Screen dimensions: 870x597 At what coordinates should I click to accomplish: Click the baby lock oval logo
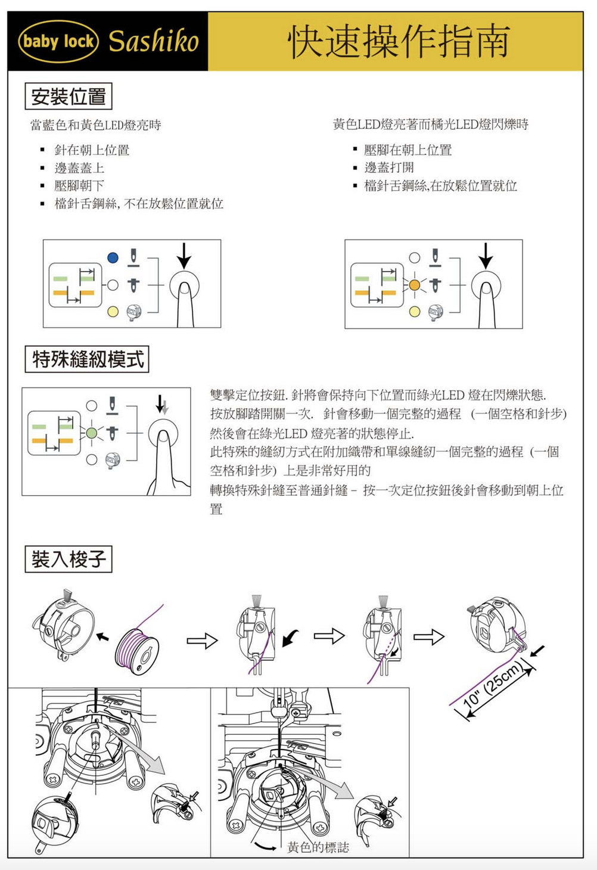click(58, 41)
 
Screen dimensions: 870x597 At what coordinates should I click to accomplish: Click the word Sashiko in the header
click(153, 41)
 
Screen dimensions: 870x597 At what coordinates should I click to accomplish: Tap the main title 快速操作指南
click(399, 41)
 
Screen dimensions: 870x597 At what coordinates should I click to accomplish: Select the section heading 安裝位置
click(69, 97)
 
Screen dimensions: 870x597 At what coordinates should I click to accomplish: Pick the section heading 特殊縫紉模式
click(87, 359)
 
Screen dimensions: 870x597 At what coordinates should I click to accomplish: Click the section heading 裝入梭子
click(69, 559)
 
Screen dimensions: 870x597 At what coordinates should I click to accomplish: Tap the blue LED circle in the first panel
click(113, 258)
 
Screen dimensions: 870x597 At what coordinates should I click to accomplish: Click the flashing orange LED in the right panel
click(415, 285)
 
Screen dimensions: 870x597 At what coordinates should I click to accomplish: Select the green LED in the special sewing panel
click(92, 433)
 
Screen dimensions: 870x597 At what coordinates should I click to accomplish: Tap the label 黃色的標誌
click(318, 847)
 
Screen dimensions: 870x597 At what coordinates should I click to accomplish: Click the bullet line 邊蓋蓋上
click(79, 168)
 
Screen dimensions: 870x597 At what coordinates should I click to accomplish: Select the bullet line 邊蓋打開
click(388, 167)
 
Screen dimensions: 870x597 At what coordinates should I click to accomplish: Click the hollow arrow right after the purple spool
click(203, 641)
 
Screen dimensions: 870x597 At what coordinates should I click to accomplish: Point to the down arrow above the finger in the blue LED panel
click(184, 255)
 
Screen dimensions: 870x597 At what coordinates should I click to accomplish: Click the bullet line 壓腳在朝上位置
click(408, 150)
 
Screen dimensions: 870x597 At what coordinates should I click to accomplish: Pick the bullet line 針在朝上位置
click(92, 150)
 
